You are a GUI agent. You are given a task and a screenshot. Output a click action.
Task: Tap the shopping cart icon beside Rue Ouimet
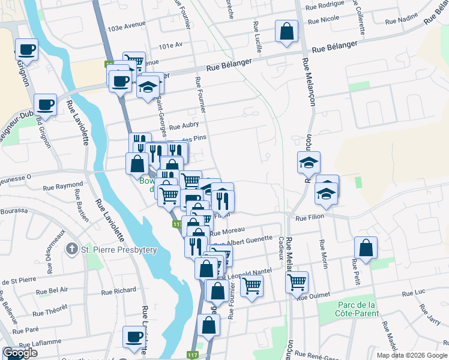(298, 281)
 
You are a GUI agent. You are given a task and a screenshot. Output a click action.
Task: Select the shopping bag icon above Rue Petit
(366, 247)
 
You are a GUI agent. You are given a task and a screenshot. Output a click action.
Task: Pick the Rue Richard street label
(119, 291)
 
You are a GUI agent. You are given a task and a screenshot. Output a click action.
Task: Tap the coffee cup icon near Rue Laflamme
(134, 337)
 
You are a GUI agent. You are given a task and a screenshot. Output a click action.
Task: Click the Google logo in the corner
(20, 353)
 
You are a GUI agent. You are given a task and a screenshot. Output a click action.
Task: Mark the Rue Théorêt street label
(50, 313)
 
